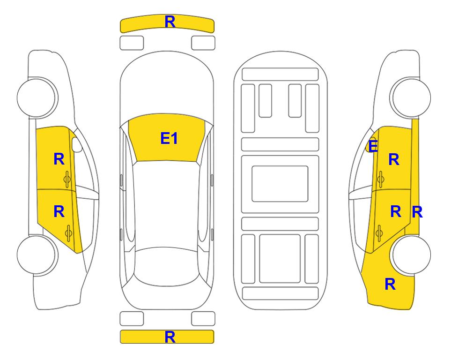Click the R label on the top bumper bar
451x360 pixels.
click(x=170, y=22)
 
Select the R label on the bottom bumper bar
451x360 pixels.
click(x=170, y=337)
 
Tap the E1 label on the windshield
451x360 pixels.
click(x=169, y=138)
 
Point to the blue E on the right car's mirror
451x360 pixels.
click(x=373, y=146)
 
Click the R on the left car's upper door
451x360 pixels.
click(x=59, y=159)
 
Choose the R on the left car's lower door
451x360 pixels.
click(x=59, y=212)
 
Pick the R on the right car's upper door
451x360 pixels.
click(x=394, y=159)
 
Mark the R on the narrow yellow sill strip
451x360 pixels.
click(x=417, y=212)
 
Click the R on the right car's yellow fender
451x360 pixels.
click(x=390, y=284)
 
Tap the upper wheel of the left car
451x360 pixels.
click(x=36, y=97)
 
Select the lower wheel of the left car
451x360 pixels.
click(x=36, y=255)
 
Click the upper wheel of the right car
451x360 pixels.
click(x=411, y=97)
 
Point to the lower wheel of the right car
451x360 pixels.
click(x=411, y=255)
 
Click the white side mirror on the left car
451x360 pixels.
click(x=77, y=144)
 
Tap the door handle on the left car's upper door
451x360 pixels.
click(x=67, y=180)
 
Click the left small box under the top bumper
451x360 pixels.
click(x=132, y=43)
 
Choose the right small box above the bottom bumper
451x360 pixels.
click(x=203, y=319)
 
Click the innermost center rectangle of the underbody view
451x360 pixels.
click(x=280, y=184)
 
